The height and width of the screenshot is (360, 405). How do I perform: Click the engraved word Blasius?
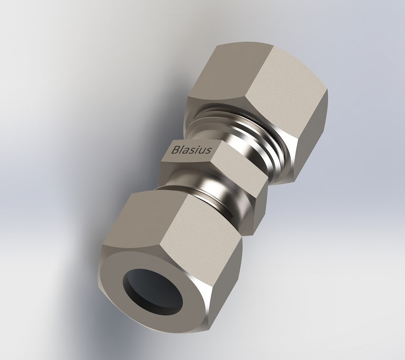(191, 150)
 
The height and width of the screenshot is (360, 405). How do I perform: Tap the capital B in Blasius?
(175, 150)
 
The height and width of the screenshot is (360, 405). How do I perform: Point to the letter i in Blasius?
(197, 150)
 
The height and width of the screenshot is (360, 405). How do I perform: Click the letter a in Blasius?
(186, 151)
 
